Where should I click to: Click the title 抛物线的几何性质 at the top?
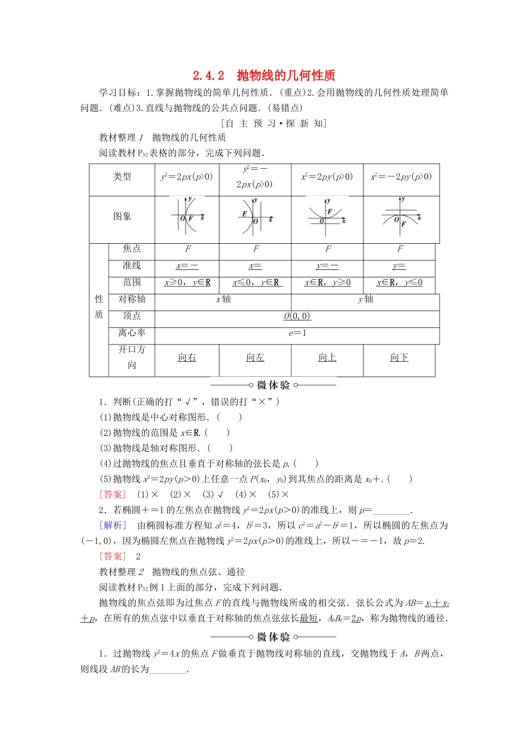(286, 76)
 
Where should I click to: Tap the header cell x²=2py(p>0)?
(327, 177)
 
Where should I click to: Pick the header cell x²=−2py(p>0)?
(401, 177)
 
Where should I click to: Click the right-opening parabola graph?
(187, 217)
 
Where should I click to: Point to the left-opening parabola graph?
(255, 217)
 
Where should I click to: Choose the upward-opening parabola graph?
(327, 216)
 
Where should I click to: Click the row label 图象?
(122, 216)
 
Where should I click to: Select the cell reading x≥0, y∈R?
(187, 283)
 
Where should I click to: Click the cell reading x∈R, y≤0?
(399, 283)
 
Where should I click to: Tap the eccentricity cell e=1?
(297, 333)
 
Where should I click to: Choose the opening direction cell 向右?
(187, 358)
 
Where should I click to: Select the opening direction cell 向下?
(399, 358)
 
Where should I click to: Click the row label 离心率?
(132, 333)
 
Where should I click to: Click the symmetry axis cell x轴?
(223, 299)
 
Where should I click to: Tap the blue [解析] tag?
(112, 525)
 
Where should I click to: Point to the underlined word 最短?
(308, 618)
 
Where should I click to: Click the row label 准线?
(132, 265)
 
